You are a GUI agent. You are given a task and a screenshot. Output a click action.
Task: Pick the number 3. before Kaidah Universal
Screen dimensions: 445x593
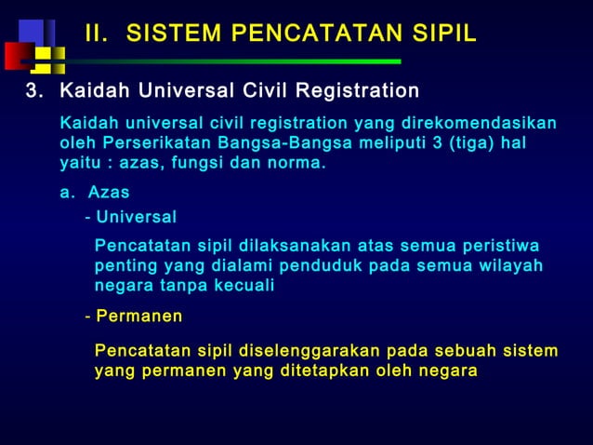coord(34,91)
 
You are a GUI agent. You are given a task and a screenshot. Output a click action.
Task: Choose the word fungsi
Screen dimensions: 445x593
coord(204,165)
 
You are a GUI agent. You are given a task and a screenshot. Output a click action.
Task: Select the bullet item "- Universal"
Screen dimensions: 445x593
coord(131,218)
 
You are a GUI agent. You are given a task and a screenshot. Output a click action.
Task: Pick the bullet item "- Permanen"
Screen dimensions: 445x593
coord(134,317)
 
